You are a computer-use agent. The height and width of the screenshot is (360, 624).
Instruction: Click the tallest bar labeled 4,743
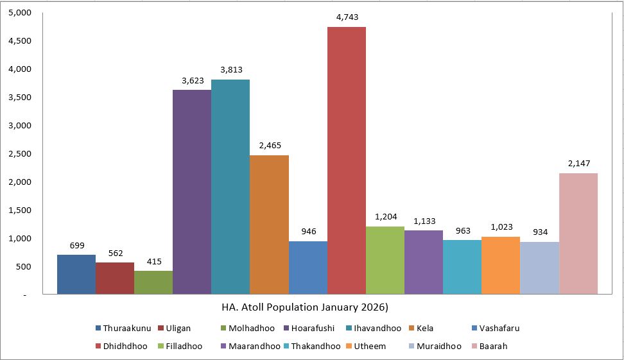pyautogui.click(x=347, y=160)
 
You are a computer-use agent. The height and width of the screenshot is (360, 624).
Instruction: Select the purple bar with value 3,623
pyautogui.click(x=192, y=192)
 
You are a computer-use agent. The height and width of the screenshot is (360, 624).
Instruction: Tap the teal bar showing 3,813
pyautogui.click(x=230, y=187)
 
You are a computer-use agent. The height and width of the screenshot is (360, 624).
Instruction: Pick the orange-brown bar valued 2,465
pyautogui.click(x=269, y=225)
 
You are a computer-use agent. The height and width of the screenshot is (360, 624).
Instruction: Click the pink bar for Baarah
pyautogui.click(x=578, y=234)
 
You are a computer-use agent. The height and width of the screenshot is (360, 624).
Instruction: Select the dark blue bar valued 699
pyautogui.click(x=76, y=275)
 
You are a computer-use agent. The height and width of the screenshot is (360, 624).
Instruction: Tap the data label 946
pyautogui.click(x=308, y=231)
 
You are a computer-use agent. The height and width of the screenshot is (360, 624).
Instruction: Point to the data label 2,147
pyautogui.click(x=578, y=163)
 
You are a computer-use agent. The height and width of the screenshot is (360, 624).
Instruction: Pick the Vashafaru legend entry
pyautogui.click(x=494, y=328)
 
